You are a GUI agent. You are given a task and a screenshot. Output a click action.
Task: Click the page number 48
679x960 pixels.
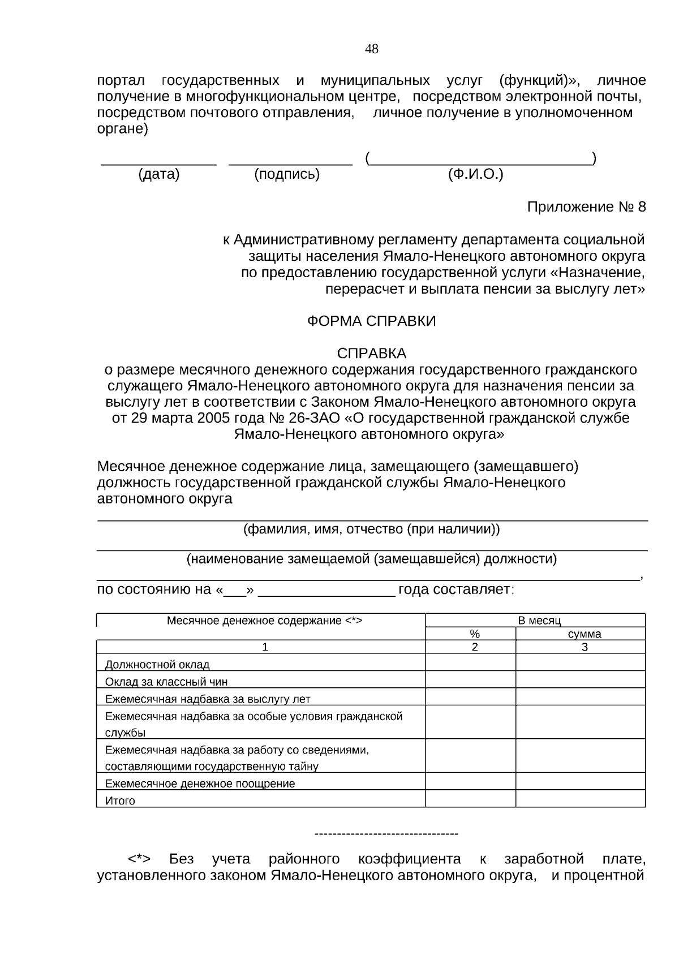(372, 49)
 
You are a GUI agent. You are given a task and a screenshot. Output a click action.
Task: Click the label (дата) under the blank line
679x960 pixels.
(158, 174)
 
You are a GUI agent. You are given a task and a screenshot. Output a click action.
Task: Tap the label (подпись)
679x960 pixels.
(287, 174)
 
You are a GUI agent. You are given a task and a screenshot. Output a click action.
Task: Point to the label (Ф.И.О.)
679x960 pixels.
(475, 174)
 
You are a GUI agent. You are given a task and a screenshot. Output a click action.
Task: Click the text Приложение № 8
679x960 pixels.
(586, 207)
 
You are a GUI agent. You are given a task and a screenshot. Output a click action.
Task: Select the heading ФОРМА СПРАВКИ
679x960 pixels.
(372, 321)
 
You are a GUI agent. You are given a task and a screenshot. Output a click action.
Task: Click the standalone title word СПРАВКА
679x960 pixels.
(372, 354)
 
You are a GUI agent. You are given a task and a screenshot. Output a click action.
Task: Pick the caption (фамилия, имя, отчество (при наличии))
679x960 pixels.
(372, 529)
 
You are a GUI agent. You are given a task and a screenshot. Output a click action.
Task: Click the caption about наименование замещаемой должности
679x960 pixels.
(372, 559)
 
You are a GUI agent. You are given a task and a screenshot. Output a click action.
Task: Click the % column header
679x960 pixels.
(475, 634)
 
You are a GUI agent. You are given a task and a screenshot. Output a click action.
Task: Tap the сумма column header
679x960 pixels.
(585, 634)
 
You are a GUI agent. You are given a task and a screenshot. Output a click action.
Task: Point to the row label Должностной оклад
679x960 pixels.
(157, 665)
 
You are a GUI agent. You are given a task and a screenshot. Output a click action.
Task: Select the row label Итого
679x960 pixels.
(120, 801)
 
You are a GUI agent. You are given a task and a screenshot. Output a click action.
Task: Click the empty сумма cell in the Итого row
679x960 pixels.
(580, 799)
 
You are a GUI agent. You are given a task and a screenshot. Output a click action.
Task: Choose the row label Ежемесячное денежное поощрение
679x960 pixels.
(200, 784)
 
